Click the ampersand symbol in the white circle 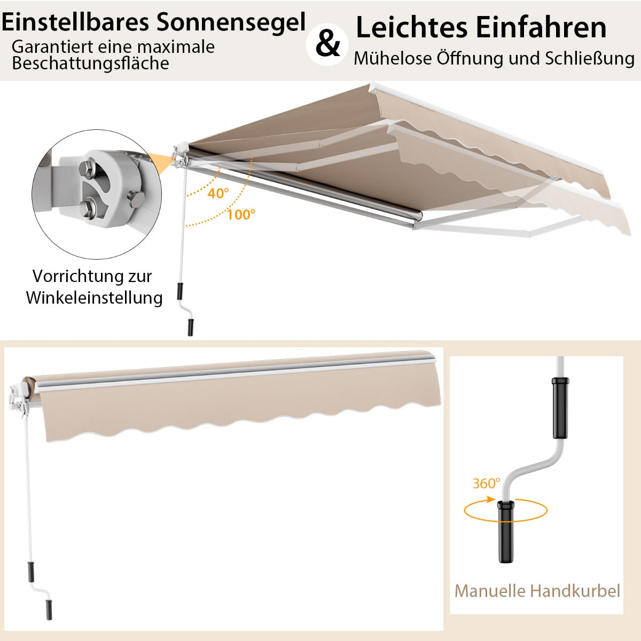point(327,44)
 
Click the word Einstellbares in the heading point(75,22)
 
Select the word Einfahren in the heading point(541,27)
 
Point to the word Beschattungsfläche point(90,63)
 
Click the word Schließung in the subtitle point(589,59)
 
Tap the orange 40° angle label point(218,193)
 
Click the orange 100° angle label point(241,215)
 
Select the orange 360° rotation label point(486,483)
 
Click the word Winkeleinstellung point(94,298)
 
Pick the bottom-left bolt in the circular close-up point(88,208)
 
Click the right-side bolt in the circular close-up point(136,199)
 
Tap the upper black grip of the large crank point(560,408)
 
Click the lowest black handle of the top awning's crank point(191,327)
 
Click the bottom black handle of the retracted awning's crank point(49,609)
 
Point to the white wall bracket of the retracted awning point(18,399)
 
